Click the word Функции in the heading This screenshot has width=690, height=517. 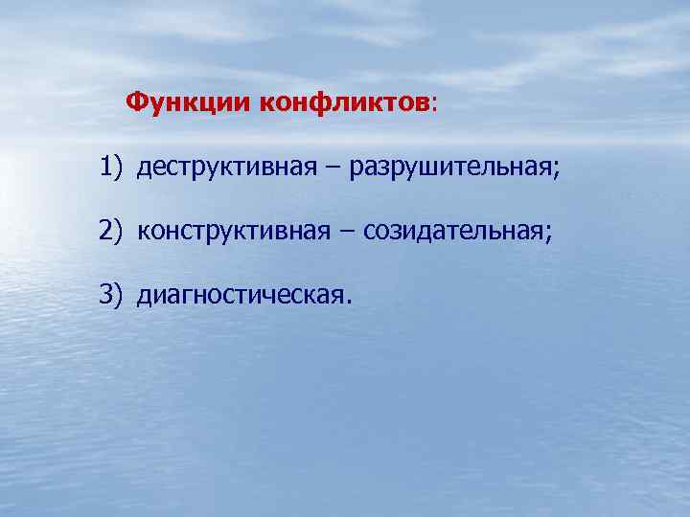click(x=188, y=102)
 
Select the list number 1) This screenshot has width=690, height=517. click(x=111, y=169)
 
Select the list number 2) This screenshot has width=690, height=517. click(x=111, y=232)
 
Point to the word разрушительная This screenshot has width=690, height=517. click(x=450, y=169)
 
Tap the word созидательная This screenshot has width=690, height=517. click(x=449, y=232)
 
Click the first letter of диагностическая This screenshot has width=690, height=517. click(x=144, y=296)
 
